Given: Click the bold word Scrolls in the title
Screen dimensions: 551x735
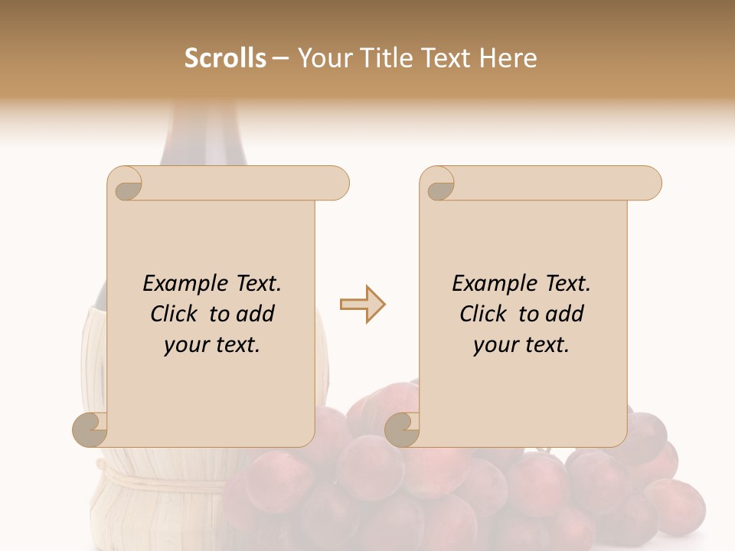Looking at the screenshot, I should pos(225,58).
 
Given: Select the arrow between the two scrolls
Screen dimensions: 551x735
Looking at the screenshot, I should pos(362,305).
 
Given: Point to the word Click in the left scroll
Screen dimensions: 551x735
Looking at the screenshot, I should pos(175,314).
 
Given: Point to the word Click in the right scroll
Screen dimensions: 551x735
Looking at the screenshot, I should pos(485,314).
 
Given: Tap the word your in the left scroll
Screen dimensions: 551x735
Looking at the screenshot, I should pos(186,345).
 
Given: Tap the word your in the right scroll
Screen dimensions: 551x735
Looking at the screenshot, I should pos(495,345).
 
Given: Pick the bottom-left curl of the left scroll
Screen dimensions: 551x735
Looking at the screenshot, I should pos(91,430).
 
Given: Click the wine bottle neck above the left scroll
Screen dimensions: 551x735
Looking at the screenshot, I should pos(204,138).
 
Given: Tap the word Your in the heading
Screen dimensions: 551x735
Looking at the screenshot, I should pos(322,58).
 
